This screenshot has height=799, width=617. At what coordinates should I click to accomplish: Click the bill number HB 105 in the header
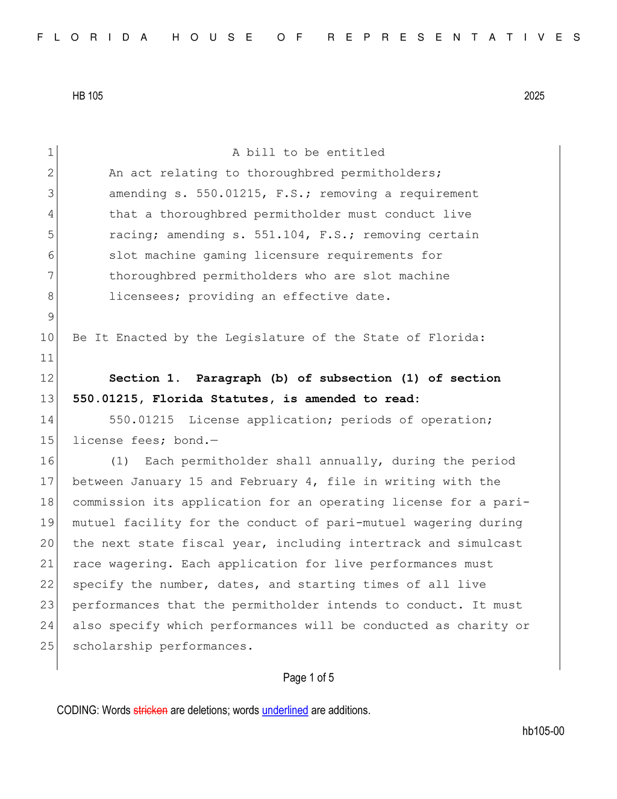pyautogui.click(x=87, y=96)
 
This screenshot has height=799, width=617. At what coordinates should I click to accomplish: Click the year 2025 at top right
pyautogui.click(x=534, y=96)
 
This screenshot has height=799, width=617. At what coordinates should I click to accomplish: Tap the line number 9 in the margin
pyautogui.click(x=51, y=317)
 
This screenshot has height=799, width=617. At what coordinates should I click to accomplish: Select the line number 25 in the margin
pyautogui.click(x=47, y=646)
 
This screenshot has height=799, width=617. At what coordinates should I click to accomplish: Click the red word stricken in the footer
pyautogui.click(x=150, y=710)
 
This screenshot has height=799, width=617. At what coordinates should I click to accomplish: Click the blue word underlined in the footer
pyautogui.click(x=284, y=710)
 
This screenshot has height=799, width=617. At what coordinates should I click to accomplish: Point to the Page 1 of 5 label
pyautogui.click(x=308, y=678)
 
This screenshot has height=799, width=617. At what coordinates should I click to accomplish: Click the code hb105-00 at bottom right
pyautogui.click(x=543, y=731)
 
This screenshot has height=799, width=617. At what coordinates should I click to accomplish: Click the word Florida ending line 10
pyautogui.click(x=456, y=338)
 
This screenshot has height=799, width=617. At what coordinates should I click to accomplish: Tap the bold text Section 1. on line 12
pyautogui.click(x=145, y=378)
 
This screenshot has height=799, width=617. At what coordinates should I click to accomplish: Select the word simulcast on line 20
pyautogui.click(x=489, y=543)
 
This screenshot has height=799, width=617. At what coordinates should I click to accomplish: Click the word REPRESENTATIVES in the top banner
pyautogui.click(x=454, y=37)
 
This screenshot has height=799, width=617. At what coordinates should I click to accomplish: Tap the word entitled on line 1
pyautogui.click(x=355, y=153)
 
